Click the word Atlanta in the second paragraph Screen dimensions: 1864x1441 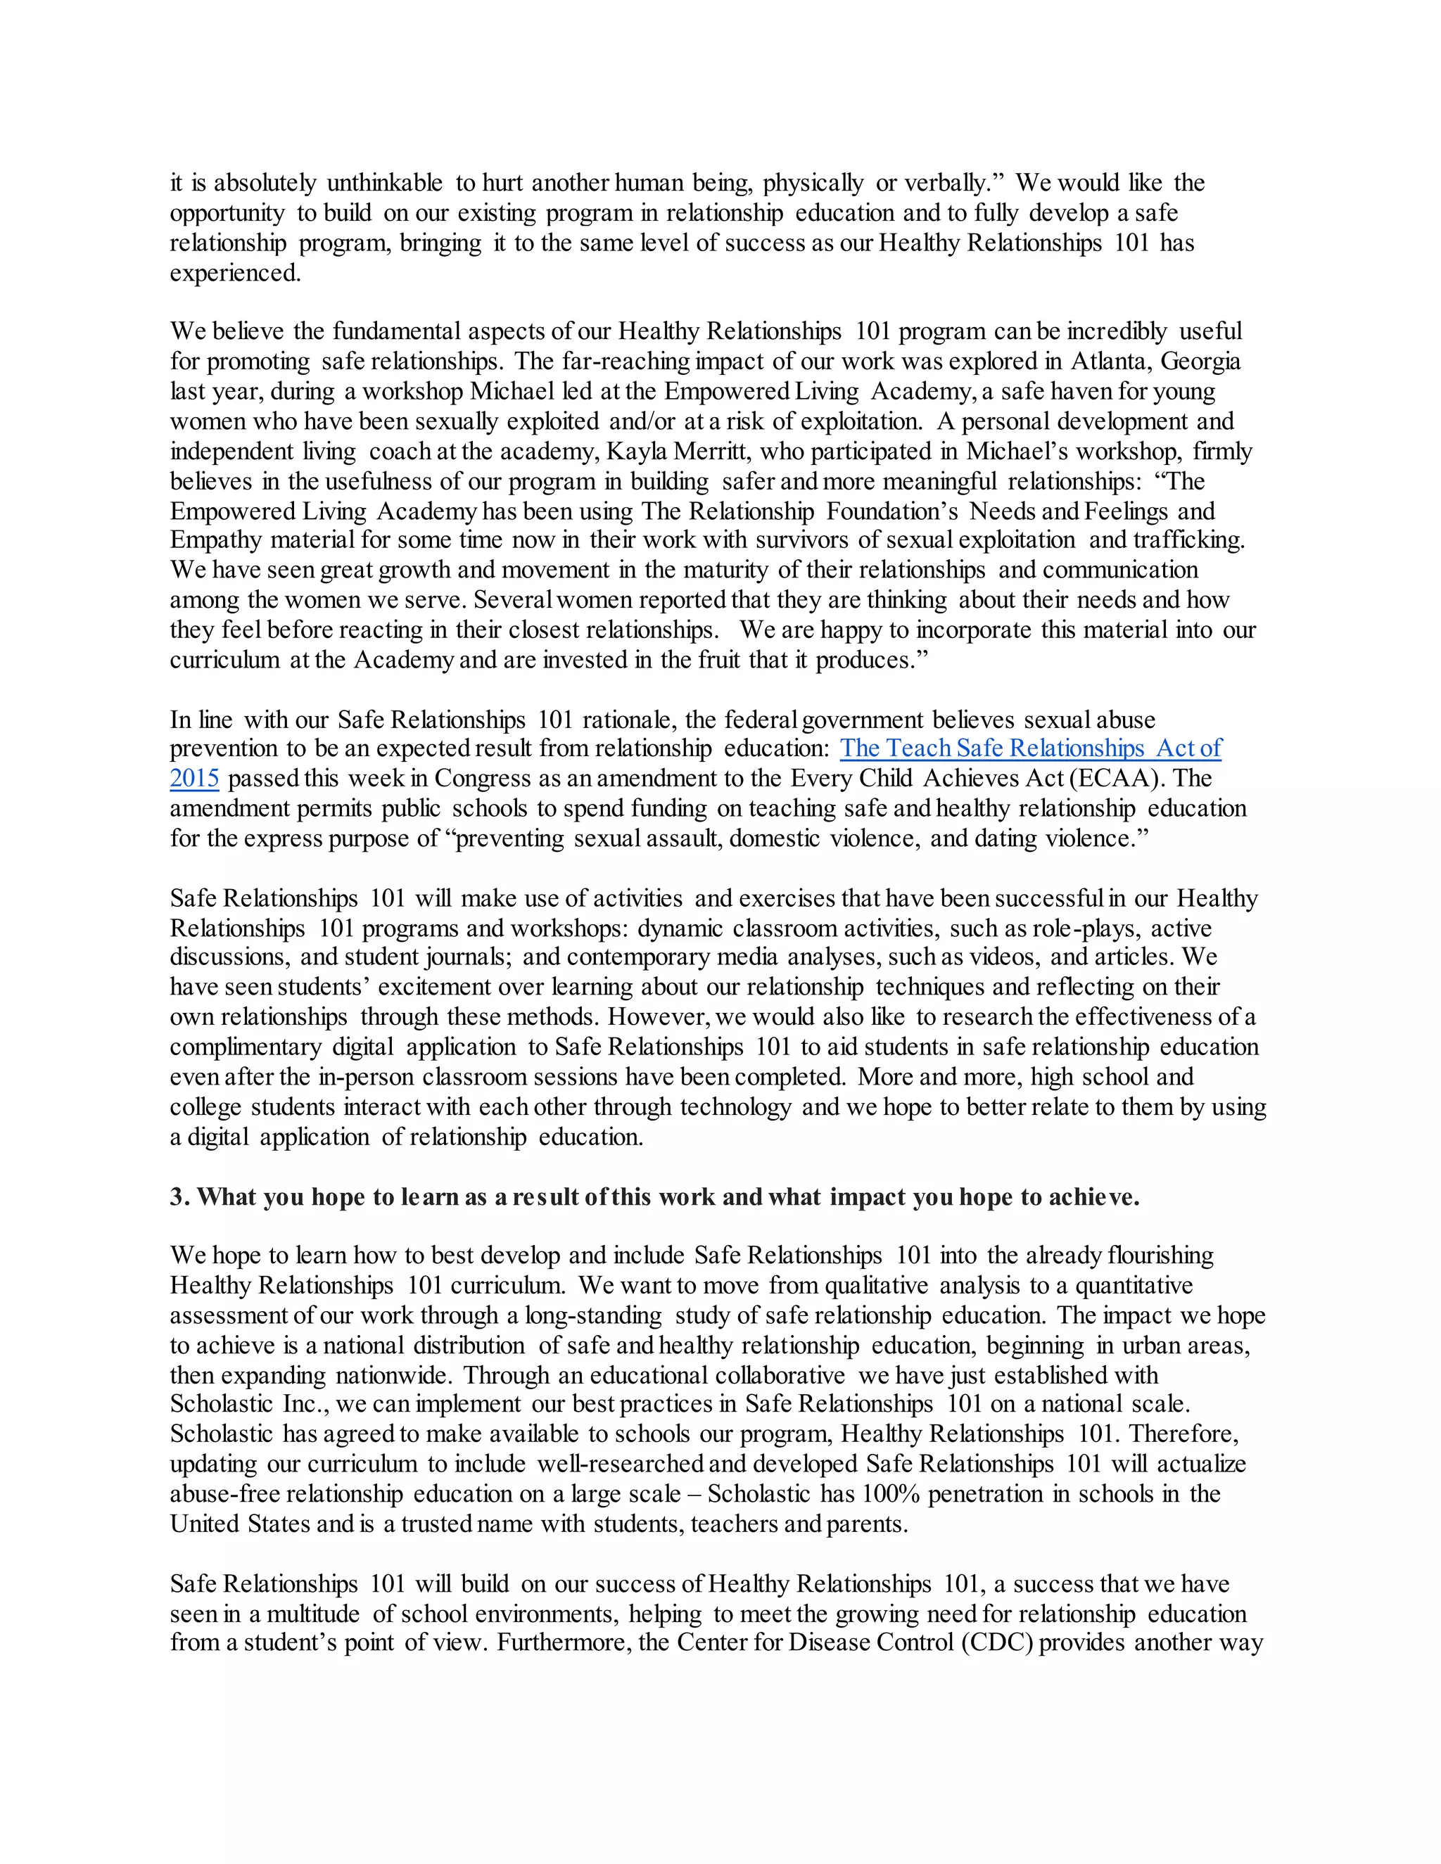pyautogui.click(x=1107, y=362)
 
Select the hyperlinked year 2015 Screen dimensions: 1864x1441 pyautogui.click(x=195, y=779)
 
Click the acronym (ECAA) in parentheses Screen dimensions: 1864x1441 pyautogui.click(x=1117, y=779)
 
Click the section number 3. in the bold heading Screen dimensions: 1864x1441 pyautogui.click(x=179, y=1197)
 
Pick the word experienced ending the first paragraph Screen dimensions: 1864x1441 pyautogui.click(x=235, y=273)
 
